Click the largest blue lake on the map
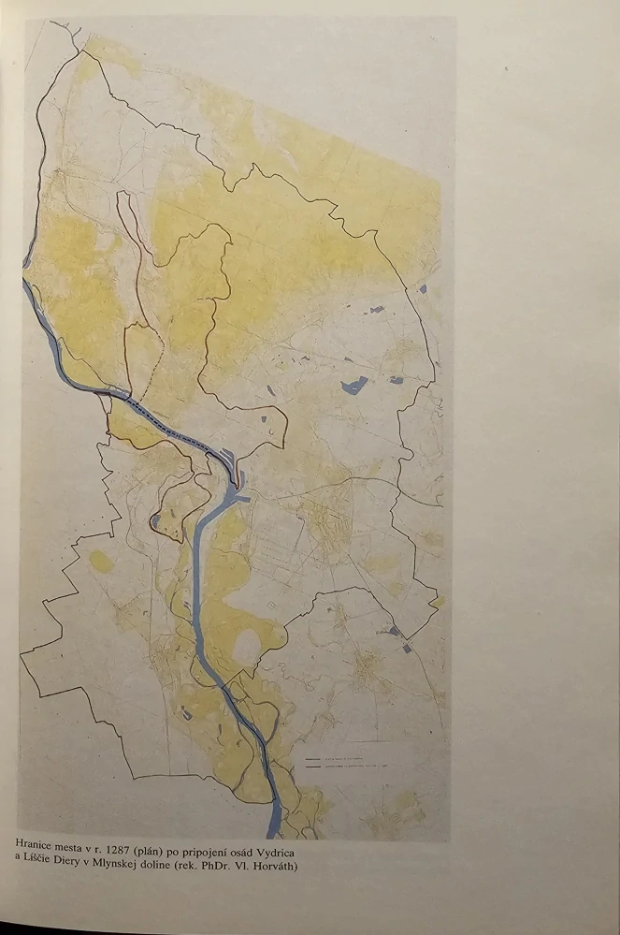click(354, 384)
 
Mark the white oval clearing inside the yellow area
click(248, 645)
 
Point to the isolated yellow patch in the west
click(101, 561)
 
